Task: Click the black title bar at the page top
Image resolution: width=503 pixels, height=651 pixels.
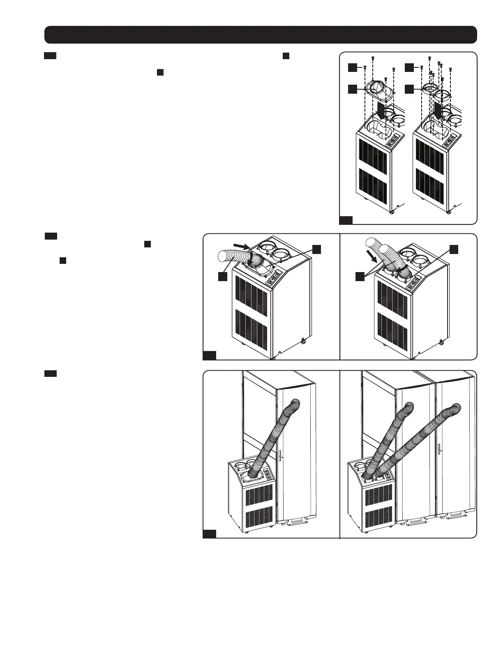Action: (261, 35)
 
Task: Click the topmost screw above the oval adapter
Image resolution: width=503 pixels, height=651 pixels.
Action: (372, 58)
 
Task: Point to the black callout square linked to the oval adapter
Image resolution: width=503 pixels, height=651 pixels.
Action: (352, 89)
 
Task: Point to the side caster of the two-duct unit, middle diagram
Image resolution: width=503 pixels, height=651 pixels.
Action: (441, 341)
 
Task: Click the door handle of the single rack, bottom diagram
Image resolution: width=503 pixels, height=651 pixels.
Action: (279, 455)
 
